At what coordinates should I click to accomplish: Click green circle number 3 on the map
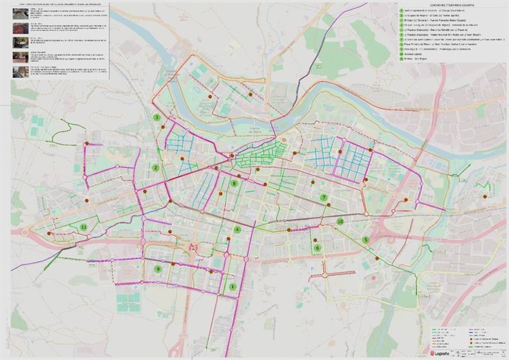tap(157, 117)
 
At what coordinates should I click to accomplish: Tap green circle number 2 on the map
tap(156, 167)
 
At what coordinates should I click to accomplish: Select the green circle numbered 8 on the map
tap(235, 184)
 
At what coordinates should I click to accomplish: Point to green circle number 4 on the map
tap(238, 229)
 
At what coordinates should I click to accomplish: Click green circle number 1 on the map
tap(233, 286)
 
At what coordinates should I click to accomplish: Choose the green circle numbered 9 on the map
tap(159, 269)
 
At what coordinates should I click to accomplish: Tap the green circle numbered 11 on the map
tap(84, 227)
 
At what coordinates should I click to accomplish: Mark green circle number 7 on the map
tap(324, 197)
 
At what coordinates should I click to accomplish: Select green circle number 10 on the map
tap(340, 221)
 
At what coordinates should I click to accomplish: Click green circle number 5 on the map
tap(366, 240)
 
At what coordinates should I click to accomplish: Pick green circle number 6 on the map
tap(318, 248)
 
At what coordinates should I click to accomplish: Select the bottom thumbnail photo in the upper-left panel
tap(18, 71)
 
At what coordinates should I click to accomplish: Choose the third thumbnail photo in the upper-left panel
tap(18, 44)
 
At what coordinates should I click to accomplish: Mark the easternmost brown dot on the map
tap(485, 196)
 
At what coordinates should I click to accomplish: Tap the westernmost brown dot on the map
tap(49, 232)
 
